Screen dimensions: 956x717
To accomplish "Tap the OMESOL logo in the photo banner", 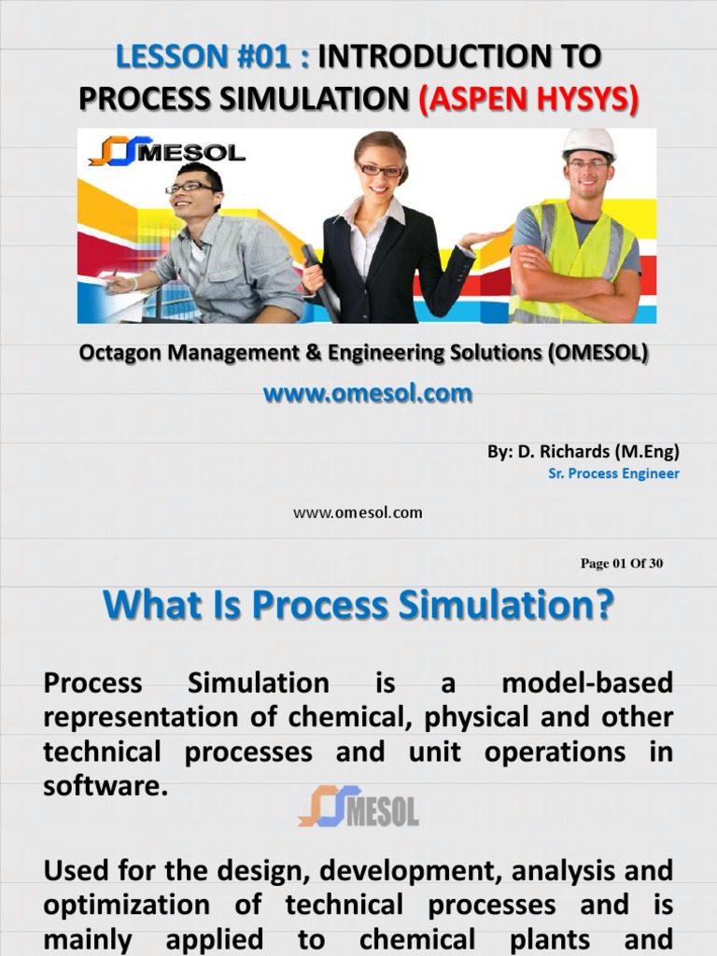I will (x=168, y=150).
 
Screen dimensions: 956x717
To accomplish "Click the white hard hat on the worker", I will (x=588, y=143).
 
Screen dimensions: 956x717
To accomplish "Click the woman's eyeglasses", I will (x=380, y=170).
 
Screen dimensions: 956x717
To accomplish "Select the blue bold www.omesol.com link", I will (x=367, y=394).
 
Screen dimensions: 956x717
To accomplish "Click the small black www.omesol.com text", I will (x=358, y=513).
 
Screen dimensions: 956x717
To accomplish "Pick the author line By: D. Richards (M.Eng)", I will (x=583, y=452).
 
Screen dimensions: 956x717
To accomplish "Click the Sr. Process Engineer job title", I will (x=613, y=473).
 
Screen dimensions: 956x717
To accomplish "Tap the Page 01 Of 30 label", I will (x=621, y=563).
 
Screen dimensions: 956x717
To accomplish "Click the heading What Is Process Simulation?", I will (x=358, y=606).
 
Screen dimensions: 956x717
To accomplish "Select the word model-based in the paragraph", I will (x=586, y=683).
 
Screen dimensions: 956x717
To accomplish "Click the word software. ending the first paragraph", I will (x=105, y=786).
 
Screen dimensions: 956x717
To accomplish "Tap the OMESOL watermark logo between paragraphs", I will (x=358, y=807).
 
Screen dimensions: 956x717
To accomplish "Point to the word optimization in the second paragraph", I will (x=126, y=905).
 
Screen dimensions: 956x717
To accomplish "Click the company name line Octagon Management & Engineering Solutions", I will (x=363, y=354).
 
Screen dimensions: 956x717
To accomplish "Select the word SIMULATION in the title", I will (x=311, y=98).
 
